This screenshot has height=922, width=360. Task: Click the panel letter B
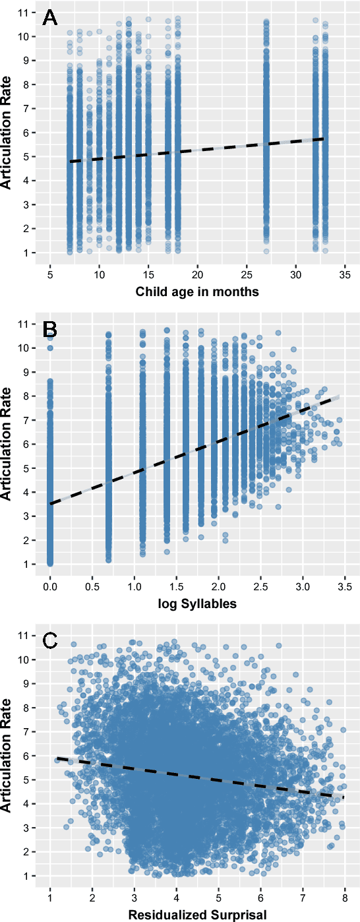pyautogui.click(x=50, y=328)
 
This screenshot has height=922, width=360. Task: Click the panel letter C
pyautogui.click(x=50, y=640)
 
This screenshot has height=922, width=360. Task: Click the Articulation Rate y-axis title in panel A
pyautogui.click(x=7, y=132)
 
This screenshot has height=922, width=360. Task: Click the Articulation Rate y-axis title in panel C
pyautogui.click(x=7, y=753)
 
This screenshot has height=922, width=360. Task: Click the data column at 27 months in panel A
pyautogui.click(x=266, y=132)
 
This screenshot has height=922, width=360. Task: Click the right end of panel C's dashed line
pyautogui.click(x=343, y=797)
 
